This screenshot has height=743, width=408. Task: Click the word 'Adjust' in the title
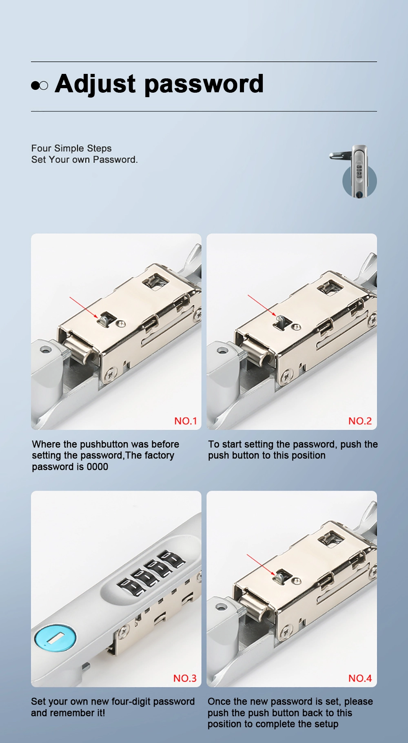[x=95, y=84]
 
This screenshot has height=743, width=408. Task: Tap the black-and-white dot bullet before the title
[x=39, y=85]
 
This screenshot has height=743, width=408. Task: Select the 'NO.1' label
[x=185, y=421]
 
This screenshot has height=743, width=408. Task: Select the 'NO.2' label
[x=360, y=421]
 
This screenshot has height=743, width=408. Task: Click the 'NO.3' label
[x=185, y=678]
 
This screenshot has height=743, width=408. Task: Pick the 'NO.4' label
[x=360, y=678]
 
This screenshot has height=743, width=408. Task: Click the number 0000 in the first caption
[x=97, y=467]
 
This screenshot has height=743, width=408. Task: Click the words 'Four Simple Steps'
[x=71, y=148]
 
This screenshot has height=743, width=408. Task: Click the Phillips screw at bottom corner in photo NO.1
[x=110, y=374]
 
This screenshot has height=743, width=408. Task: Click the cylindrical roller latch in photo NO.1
[x=80, y=347]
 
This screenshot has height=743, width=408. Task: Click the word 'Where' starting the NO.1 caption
[x=46, y=444]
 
